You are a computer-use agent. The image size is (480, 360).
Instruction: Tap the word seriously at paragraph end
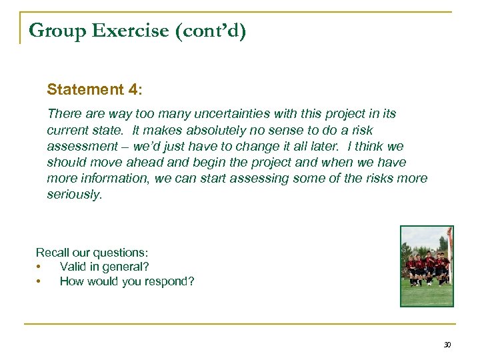click(x=74, y=195)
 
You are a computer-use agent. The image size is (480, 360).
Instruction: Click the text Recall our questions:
click(x=92, y=253)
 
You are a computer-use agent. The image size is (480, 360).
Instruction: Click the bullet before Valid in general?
click(x=39, y=267)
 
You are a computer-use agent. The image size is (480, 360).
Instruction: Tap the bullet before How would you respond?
click(x=39, y=281)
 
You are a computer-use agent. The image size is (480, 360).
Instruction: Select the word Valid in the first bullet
click(x=73, y=267)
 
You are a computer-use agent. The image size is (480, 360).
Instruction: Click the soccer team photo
click(x=426, y=265)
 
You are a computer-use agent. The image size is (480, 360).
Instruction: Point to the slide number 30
click(x=447, y=345)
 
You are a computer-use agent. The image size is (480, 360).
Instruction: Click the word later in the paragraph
click(x=364, y=146)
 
